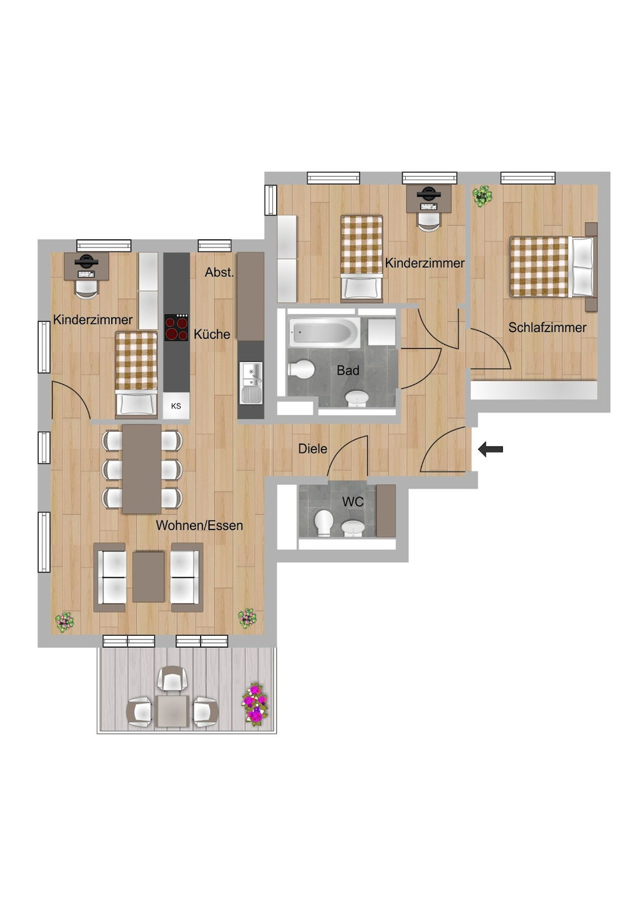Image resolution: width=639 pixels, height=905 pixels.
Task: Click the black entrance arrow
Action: tap(490, 449)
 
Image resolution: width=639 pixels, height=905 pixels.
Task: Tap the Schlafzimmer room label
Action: tap(547, 327)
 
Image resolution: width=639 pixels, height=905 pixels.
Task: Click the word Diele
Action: tap(312, 448)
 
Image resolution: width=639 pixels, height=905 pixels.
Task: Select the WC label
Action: tap(353, 502)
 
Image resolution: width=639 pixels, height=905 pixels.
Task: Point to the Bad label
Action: tap(348, 370)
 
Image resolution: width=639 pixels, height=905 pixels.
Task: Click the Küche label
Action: tap(212, 334)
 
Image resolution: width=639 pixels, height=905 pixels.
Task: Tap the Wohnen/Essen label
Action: tap(199, 525)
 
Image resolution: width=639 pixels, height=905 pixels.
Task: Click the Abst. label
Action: tap(219, 272)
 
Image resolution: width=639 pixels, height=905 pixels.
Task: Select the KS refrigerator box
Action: tap(176, 405)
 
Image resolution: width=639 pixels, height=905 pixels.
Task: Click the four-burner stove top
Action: tap(176, 327)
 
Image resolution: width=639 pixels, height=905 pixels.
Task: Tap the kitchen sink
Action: tap(251, 382)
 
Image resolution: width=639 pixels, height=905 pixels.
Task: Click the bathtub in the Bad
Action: tap(324, 332)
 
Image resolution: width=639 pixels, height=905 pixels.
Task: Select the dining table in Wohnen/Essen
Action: tap(142, 469)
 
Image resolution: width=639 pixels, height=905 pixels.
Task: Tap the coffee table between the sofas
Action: tap(148, 577)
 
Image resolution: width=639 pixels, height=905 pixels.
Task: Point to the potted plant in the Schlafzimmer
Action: tap(483, 196)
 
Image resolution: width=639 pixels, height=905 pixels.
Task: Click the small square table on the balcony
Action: tap(173, 711)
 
